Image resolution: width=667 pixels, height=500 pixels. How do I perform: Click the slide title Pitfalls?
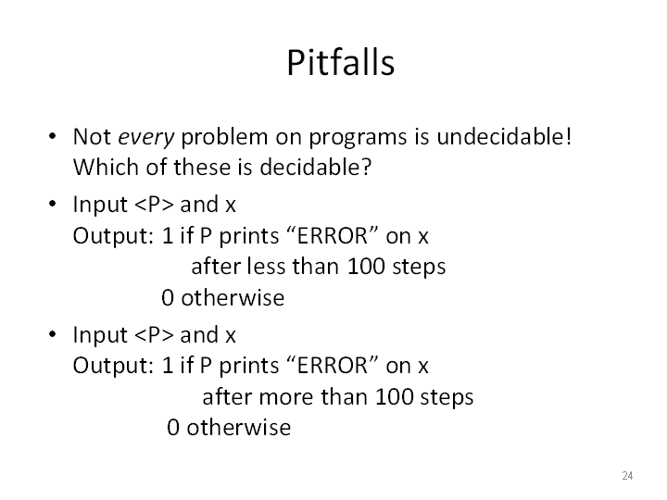pos(341,63)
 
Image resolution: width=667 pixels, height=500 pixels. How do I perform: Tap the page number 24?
pos(627,475)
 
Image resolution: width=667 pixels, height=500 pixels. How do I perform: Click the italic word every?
pos(146,138)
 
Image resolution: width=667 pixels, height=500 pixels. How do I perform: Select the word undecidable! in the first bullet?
pos(504,136)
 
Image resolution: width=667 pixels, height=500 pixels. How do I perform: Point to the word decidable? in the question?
pos(316,167)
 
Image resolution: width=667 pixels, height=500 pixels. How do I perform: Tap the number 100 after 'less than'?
pos(366,267)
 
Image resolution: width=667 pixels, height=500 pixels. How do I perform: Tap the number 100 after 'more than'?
pos(394,396)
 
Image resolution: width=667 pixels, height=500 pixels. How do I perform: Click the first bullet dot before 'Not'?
pos(52,136)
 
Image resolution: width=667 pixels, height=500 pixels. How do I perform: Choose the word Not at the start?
pos(92,137)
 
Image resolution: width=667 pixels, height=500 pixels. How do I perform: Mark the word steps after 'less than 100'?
pos(419,268)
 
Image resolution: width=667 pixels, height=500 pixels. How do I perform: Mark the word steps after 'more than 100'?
pos(447,397)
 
